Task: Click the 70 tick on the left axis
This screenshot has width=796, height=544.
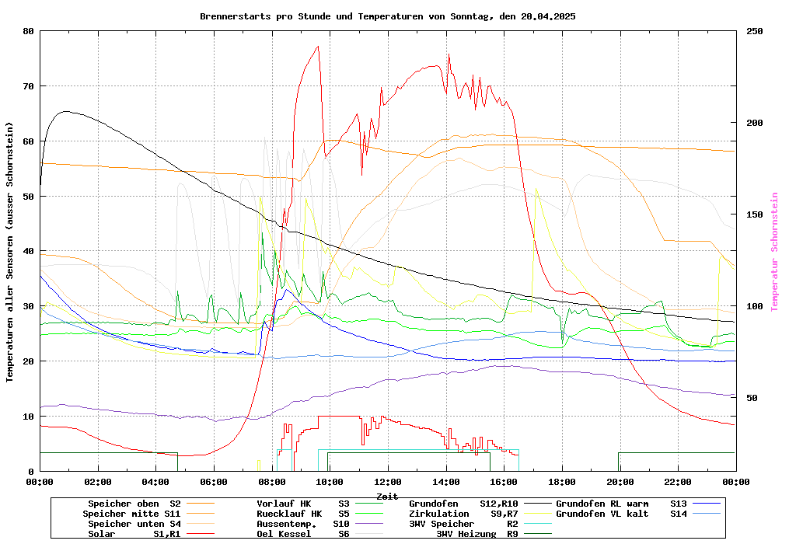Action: pyautogui.click(x=29, y=86)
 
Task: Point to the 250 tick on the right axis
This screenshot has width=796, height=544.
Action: pyautogui.click(x=755, y=31)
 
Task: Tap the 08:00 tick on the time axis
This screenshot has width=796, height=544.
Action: pyautogui.click(x=271, y=482)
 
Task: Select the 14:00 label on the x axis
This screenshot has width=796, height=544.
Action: pyautogui.click(x=445, y=482)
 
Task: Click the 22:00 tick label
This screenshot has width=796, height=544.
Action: pyautogui.click(x=678, y=482)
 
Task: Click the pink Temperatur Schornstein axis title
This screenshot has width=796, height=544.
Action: pyautogui.click(x=774, y=252)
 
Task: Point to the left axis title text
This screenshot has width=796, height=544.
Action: pyautogui.click(x=10, y=252)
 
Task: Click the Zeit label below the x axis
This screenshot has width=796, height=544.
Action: pyautogui.click(x=387, y=496)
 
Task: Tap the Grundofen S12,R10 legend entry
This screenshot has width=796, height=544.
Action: pyautogui.click(x=463, y=504)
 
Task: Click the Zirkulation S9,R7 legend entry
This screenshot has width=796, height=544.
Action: pyautogui.click(x=463, y=514)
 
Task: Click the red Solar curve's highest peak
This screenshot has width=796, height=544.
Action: pyautogui.click(x=318, y=46)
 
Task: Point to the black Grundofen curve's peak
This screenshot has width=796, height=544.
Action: pyautogui.click(x=66, y=111)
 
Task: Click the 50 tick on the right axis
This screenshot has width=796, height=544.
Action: pyautogui.click(x=752, y=398)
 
